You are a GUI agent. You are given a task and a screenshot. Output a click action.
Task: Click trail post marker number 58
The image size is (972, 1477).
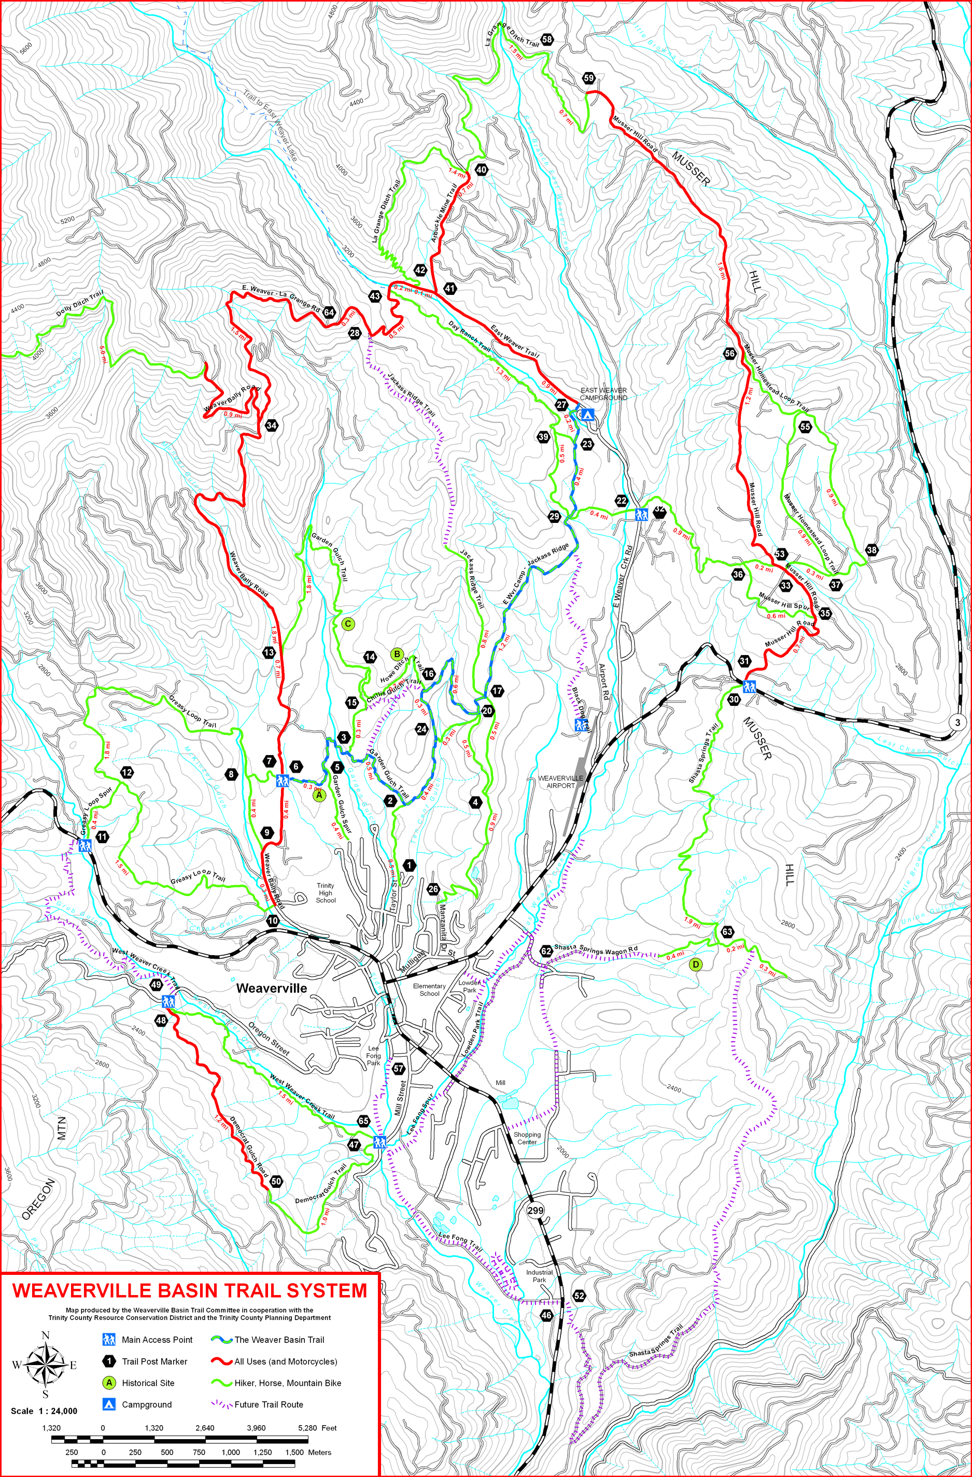547,39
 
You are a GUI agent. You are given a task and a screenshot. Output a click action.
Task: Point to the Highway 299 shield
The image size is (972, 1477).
535,1210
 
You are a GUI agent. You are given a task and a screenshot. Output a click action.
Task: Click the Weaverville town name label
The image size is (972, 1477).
271,988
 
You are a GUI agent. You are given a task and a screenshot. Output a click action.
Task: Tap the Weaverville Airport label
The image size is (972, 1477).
560,782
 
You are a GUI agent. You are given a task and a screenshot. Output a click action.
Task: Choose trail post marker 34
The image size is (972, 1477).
271,425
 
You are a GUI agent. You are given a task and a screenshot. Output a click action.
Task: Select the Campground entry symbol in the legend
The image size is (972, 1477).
109,1404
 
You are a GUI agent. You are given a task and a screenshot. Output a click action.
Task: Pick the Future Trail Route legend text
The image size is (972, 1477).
269,1404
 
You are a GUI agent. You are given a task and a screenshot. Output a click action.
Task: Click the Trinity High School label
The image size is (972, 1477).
325,892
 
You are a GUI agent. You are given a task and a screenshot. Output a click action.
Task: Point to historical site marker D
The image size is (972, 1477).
696,964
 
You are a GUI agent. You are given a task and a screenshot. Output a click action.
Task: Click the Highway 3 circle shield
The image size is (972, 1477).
957,722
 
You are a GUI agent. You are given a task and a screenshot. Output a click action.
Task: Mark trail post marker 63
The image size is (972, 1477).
727,931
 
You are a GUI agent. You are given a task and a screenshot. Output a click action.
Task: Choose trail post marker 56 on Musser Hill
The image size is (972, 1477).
730,353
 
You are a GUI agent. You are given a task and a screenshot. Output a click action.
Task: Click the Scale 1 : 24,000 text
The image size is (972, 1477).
44,1423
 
